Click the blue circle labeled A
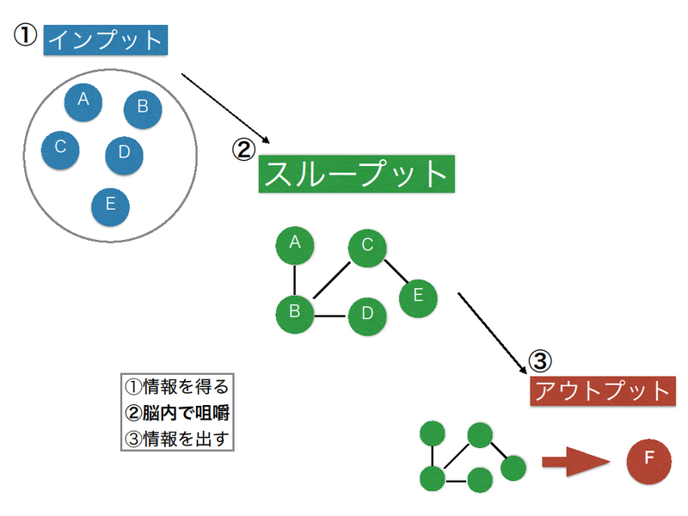tap(83, 101)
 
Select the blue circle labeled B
tap(143, 109)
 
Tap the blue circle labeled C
tap(60, 150)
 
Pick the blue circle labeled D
tap(124, 156)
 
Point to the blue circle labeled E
tap(110, 206)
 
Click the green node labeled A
tap(295, 245)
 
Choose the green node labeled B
tap(295, 314)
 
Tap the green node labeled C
tap(367, 248)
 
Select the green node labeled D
tap(367, 316)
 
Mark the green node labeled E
tap(418, 298)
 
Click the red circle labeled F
tap(649, 461)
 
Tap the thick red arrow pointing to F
tap(575, 462)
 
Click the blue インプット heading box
tap(105, 40)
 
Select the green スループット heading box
tap(356, 174)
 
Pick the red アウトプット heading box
tap(603, 390)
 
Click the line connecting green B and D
tap(331, 316)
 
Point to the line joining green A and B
tap(294, 280)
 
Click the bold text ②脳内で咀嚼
tap(177, 413)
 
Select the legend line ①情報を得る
tap(177, 387)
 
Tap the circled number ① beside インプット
tap(26, 34)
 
